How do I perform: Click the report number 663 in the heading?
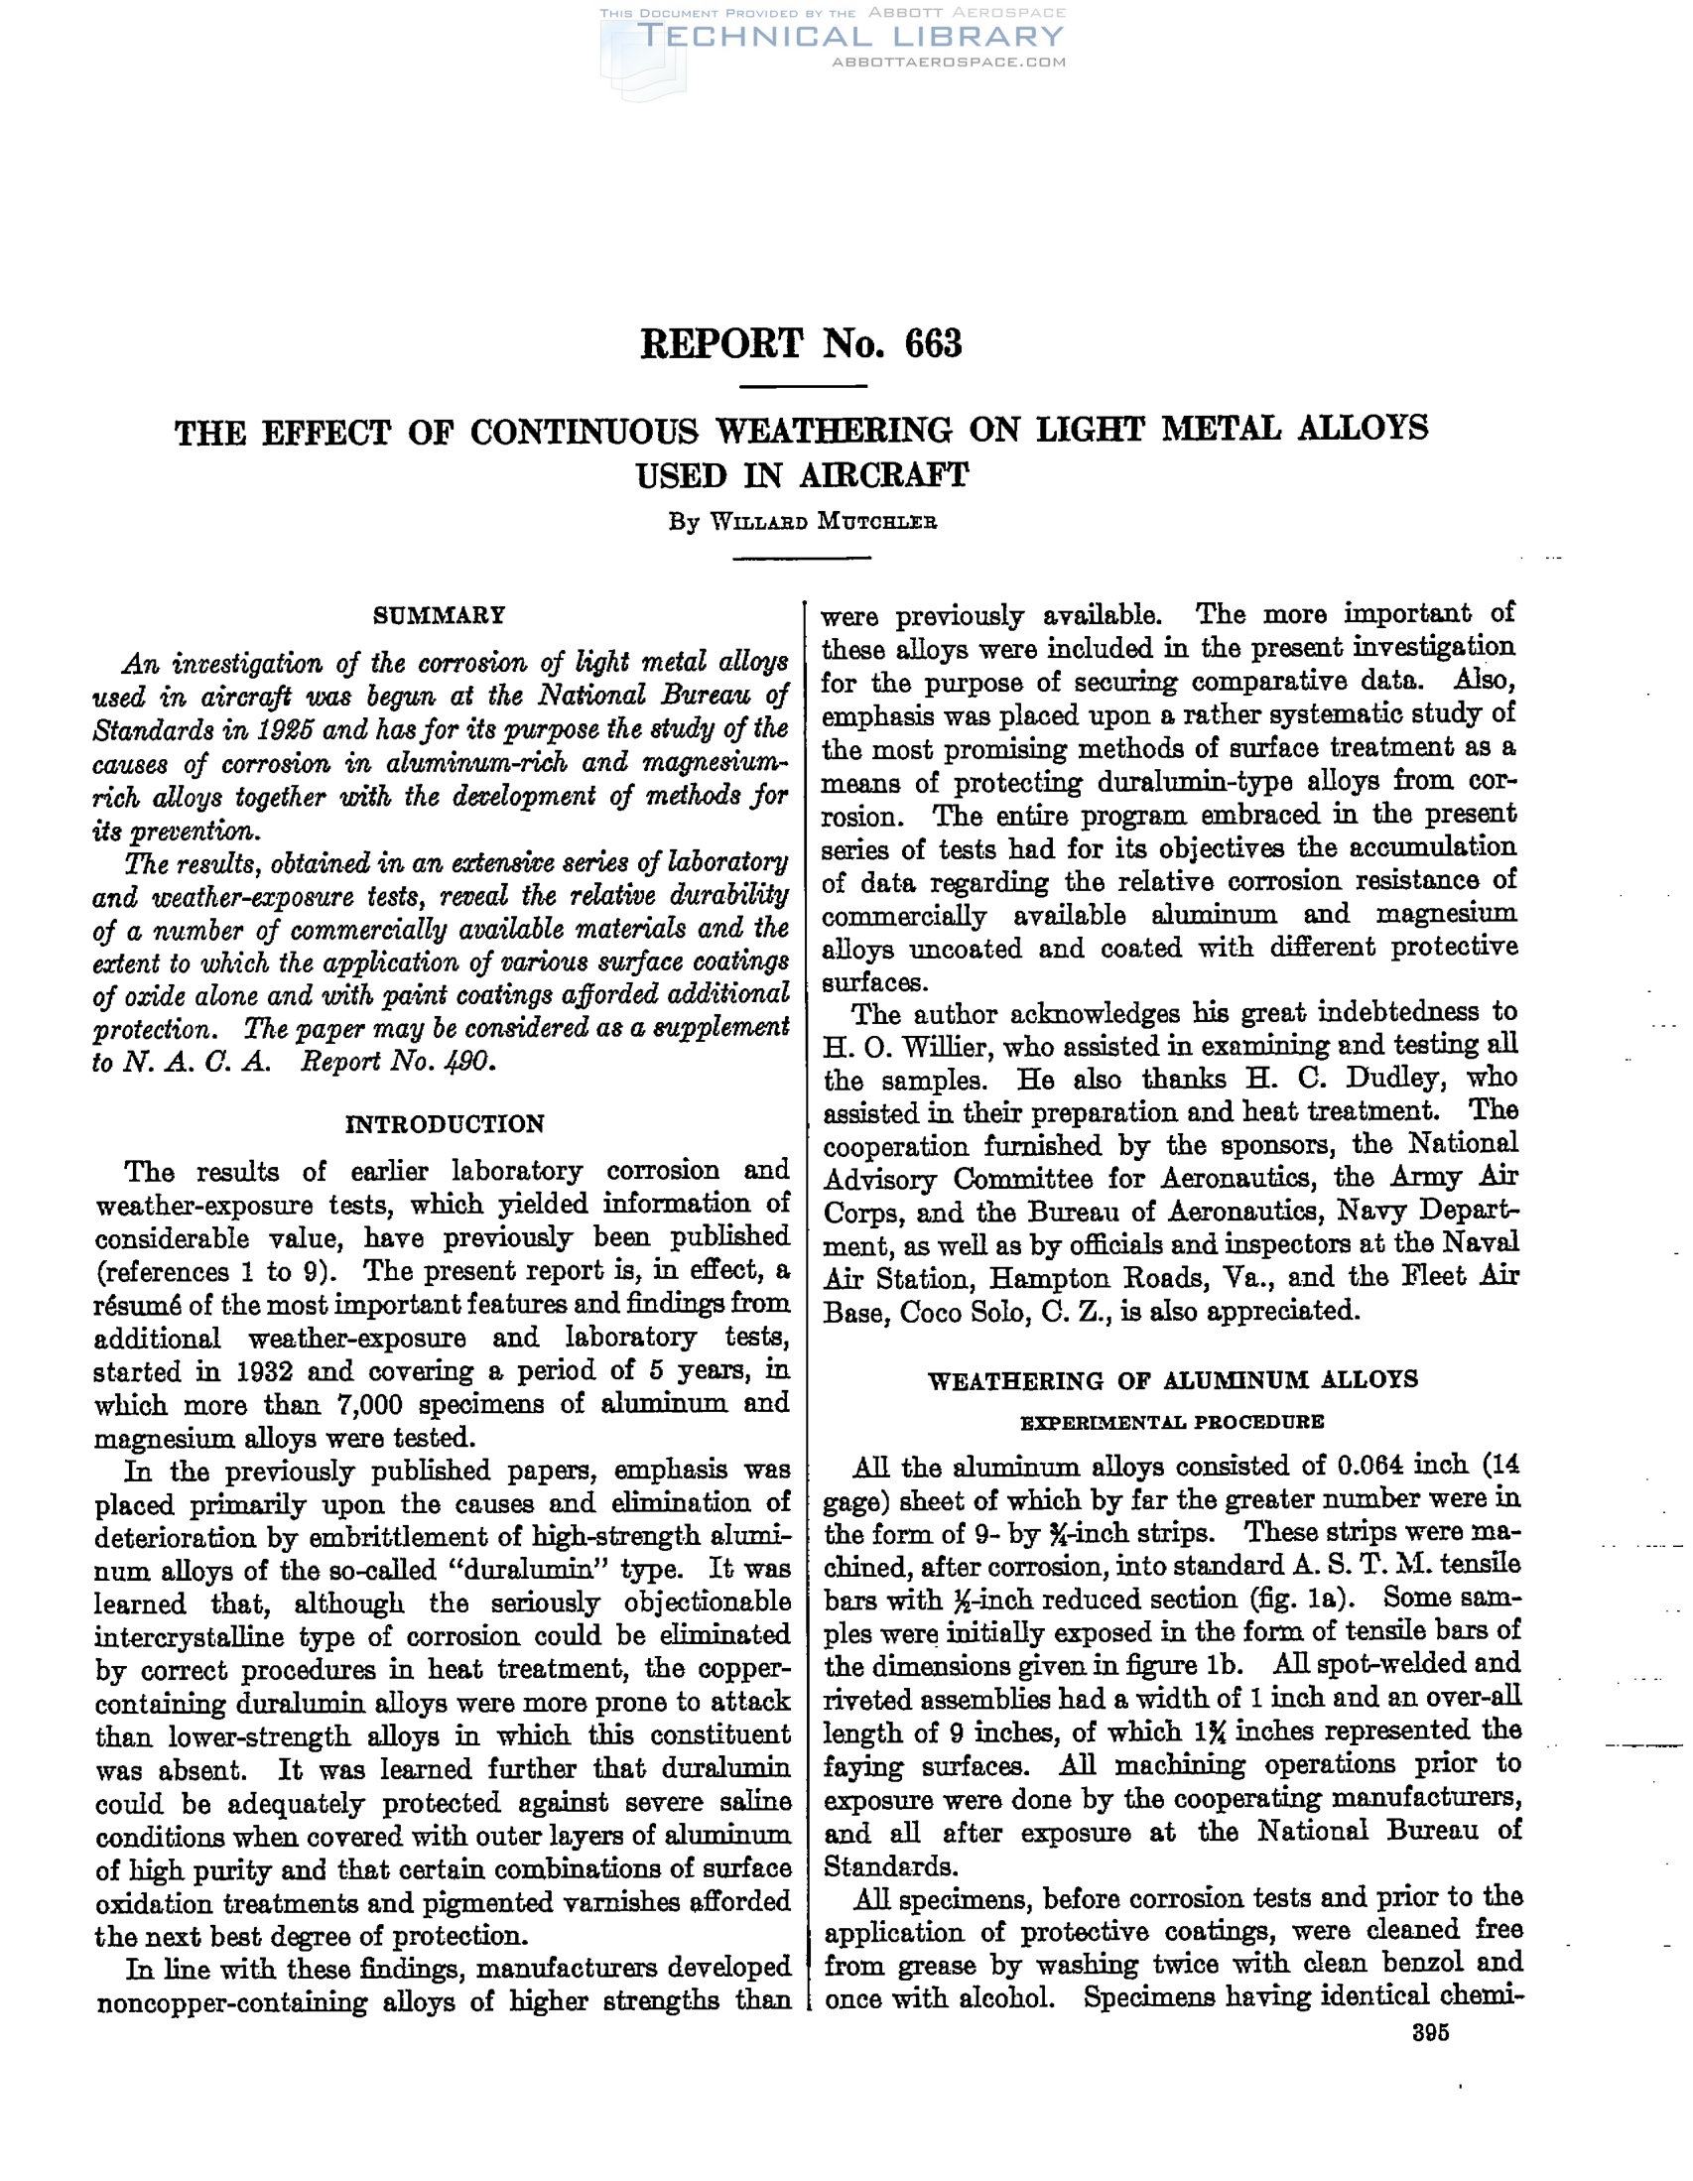[x=933, y=343]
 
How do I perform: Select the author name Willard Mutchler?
[x=822, y=522]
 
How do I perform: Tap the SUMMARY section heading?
[x=440, y=615]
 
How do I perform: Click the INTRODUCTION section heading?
[x=445, y=1124]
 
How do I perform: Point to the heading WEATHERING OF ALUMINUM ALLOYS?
[x=1173, y=1380]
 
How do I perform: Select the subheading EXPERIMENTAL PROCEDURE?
[x=1172, y=1421]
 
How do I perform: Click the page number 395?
[x=1430, y=2034]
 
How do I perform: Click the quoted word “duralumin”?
[x=535, y=1570]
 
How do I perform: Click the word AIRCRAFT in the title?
[x=883, y=475]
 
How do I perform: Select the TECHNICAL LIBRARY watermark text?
[x=850, y=38]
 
